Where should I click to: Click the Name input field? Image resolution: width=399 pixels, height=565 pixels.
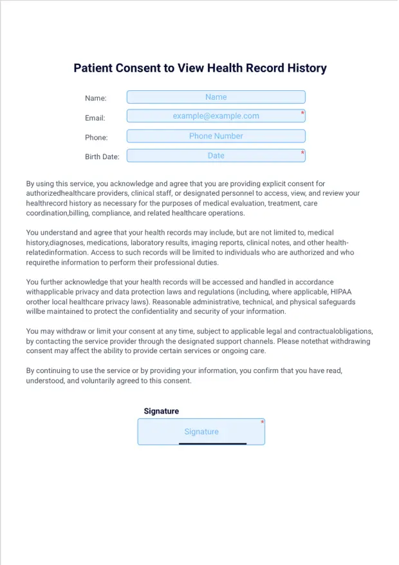click(216, 97)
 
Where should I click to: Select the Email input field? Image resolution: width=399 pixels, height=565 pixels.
click(216, 117)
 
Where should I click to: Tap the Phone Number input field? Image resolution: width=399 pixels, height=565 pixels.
click(216, 136)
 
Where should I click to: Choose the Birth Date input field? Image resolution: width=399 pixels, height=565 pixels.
click(216, 156)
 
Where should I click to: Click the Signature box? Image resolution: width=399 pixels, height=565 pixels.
click(201, 432)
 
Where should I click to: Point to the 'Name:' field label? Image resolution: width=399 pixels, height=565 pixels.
click(96, 99)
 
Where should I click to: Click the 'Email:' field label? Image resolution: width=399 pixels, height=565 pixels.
click(95, 118)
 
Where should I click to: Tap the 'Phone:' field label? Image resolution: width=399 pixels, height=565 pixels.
click(97, 137)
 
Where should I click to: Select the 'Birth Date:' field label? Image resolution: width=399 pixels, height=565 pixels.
click(102, 157)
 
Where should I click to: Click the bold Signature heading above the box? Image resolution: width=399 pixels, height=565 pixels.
click(162, 411)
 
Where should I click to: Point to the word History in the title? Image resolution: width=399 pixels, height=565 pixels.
click(304, 68)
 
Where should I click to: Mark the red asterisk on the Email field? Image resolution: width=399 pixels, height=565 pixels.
click(302, 113)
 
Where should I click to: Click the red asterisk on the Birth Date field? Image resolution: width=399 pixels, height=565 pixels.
click(302, 153)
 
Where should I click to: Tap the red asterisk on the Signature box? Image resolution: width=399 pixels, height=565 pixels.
click(263, 423)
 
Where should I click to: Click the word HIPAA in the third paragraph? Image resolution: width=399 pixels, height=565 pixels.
click(344, 291)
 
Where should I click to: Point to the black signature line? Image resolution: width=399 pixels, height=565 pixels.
click(212, 443)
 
